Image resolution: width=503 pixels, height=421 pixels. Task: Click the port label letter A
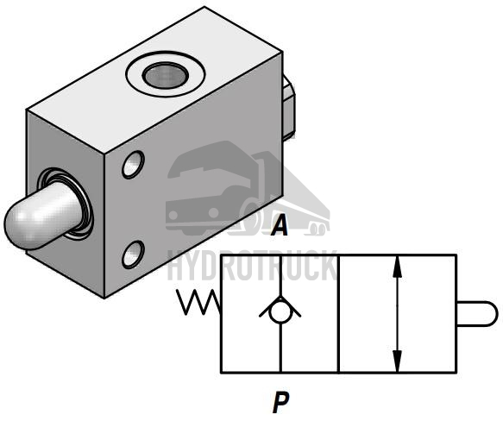pos(280,225)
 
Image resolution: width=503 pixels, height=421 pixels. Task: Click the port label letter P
pos(281,402)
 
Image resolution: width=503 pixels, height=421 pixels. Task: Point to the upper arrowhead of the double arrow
pos(398,267)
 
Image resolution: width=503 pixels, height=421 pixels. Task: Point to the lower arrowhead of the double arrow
pos(398,361)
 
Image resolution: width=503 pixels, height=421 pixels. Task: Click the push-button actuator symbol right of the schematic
pos(476,313)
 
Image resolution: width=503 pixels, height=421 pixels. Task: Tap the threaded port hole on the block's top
pos(166,75)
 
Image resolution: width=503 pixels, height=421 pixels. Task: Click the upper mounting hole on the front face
pos(133,165)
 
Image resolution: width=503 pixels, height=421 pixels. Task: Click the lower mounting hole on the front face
pos(133,254)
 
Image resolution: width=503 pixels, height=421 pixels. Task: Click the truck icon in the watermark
pos(248,189)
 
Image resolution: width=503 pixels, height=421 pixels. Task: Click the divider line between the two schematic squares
pos(339,314)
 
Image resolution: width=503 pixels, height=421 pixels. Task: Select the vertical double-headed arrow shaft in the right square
pos(398,314)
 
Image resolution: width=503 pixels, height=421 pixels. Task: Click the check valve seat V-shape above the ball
pos(280,305)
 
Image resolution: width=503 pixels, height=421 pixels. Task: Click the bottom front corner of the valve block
pos(104,298)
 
